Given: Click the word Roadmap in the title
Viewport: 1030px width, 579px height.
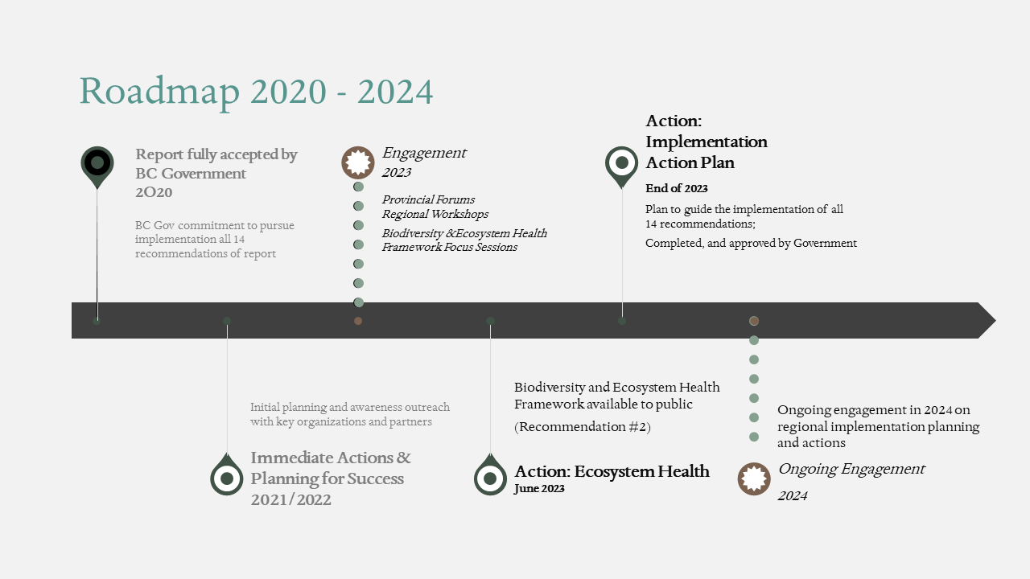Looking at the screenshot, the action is coord(160,92).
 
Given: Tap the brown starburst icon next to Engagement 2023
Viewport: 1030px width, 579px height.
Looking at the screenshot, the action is coord(358,162).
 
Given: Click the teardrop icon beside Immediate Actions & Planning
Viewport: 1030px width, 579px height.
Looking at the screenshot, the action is coord(227,474).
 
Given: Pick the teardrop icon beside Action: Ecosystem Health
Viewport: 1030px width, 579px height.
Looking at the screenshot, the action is coord(490,474).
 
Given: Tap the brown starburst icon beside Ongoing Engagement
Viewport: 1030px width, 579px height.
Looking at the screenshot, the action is coord(754,478).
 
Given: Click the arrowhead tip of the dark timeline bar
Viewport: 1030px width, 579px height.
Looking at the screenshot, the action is coord(995,320).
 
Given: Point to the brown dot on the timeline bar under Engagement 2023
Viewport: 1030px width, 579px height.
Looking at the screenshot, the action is coord(358,321).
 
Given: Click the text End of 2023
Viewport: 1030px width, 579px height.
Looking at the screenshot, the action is coord(677,188).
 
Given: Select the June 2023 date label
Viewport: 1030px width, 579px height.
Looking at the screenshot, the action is coord(539,488).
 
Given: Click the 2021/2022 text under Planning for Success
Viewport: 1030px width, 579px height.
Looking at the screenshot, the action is coord(290,499).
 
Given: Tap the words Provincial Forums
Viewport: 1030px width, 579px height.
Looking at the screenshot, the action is coord(428,199).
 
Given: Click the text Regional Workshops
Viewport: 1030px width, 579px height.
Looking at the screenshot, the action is coord(435,214).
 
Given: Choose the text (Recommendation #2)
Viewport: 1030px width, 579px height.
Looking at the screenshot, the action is coord(582,427).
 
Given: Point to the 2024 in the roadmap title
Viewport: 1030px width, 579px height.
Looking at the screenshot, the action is coord(395,92).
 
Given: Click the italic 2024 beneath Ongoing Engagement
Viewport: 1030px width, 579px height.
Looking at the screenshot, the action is coord(793,496).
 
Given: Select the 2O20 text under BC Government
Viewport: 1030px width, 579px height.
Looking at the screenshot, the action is coord(154,192).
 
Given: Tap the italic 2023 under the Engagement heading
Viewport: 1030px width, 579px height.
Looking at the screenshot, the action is coord(397,172).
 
